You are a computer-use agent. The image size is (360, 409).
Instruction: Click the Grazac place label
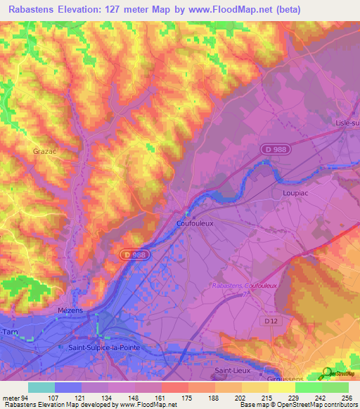pyautogui.click(x=44, y=150)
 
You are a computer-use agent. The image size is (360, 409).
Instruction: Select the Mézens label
pyautogui.click(x=70, y=309)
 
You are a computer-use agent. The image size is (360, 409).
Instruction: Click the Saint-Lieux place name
pyautogui.click(x=233, y=370)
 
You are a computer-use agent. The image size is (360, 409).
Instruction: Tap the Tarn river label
pyautogui.click(x=9, y=331)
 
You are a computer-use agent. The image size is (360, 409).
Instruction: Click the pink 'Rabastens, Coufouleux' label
pyautogui.click(x=245, y=286)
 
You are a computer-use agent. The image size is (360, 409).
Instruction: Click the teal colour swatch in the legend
pyautogui.click(x=41, y=387)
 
